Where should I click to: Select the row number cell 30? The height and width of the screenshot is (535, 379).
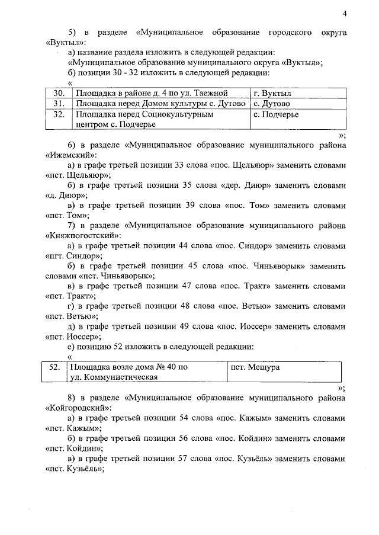[x=58, y=93]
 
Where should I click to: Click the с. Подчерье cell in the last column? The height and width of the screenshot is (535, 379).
[x=275, y=114]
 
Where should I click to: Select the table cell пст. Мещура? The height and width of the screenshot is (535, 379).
[x=255, y=367]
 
